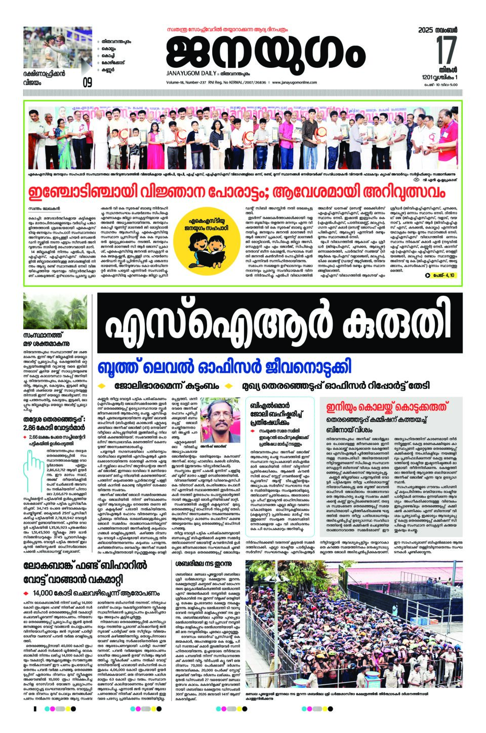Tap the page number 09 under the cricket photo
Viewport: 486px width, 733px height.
tap(88, 82)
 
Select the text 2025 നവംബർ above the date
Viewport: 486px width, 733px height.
tap(438, 30)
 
